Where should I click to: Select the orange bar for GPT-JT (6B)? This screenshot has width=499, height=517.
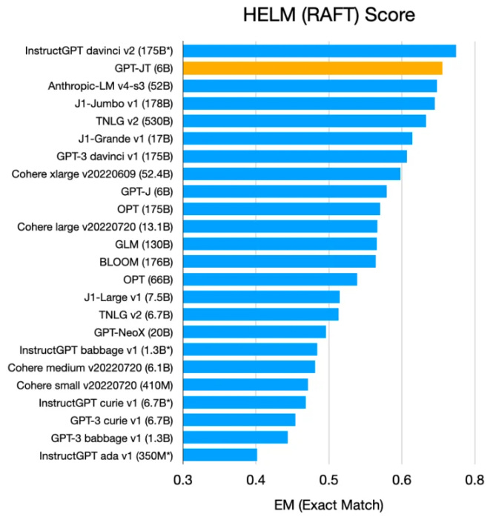[x=312, y=68]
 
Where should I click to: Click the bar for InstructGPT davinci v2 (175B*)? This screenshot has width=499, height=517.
[x=319, y=50]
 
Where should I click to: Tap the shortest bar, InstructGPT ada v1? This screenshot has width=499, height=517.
[x=219, y=454]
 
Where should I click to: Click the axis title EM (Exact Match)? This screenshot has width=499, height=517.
[x=328, y=504]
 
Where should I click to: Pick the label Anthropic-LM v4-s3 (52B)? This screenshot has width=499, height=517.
[x=110, y=86]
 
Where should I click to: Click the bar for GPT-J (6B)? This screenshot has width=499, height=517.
[x=285, y=191]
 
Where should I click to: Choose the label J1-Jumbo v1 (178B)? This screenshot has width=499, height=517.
[x=124, y=103]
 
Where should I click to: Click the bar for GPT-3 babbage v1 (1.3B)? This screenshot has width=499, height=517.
[x=235, y=437]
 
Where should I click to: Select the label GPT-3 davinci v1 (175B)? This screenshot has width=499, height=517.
[x=115, y=156]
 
